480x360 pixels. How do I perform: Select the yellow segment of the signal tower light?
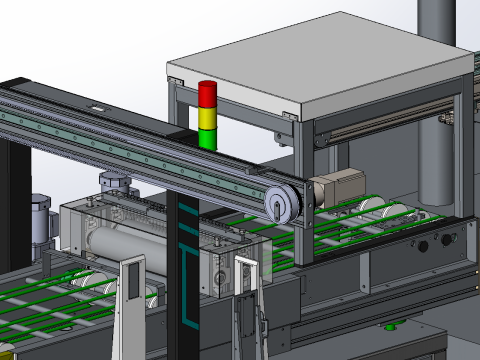coord(207,116)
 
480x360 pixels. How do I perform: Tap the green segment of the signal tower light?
coord(207,137)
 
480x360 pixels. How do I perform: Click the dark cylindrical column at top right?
coord(436,20)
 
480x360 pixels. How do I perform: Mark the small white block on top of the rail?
coord(98,108)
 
